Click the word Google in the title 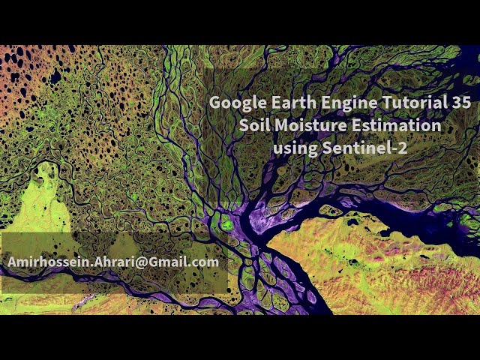click(238, 103)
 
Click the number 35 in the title click(460, 102)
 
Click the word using click(295, 149)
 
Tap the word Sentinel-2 click(365, 148)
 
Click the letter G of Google click(216, 102)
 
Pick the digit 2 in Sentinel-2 click(403, 148)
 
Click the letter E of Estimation click(355, 125)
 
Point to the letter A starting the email click(13, 262)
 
